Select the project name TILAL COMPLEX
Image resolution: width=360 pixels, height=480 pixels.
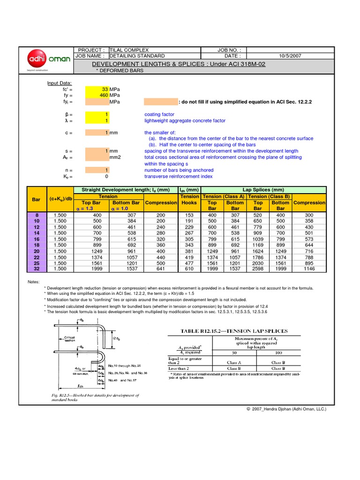pyautogui.click(x=129, y=50)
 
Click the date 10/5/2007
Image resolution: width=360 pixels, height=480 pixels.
pyautogui.click(x=290, y=56)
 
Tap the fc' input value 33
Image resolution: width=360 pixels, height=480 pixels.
pyautogui.click(x=105, y=89)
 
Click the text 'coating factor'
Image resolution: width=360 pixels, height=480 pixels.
pyautogui.click(x=159, y=114)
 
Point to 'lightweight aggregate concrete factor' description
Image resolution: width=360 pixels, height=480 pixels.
pyautogui.click(x=185, y=120)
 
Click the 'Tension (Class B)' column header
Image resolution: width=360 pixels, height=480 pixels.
pyautogui.click(x=269, y=196)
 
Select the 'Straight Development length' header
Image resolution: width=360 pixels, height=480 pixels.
pyautogui.click(x=125, y=190)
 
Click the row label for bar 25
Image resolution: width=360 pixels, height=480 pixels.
pyautogui.click(x=36, y=263)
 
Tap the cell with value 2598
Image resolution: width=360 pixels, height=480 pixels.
pyautogui.click(x=258, y=269)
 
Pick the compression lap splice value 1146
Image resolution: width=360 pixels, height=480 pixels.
pyautogui.click(x=309, y=269)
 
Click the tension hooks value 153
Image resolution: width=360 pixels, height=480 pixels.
pyautogui.click(x=189, y=215)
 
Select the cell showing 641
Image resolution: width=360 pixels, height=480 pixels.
pyautogui.click(x=161, y=269)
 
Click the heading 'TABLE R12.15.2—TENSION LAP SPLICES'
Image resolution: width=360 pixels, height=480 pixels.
pyautogui.click(x=234, y=330)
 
